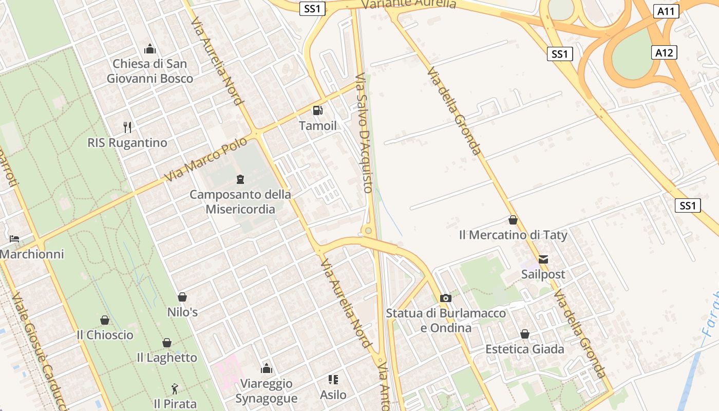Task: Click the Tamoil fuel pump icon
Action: pos(318,110)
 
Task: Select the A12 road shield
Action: pos(666,52)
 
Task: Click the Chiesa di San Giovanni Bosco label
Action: pos(150,71)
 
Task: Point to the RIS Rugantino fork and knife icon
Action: pos(127,127)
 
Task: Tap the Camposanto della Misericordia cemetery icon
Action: pos(240,179)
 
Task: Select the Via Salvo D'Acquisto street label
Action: pos(363,133)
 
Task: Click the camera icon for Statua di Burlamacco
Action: pos(446,298)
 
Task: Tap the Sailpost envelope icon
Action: pos(543,259)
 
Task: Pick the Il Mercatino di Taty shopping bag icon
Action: pos(513,220)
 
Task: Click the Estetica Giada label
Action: pos(525,349)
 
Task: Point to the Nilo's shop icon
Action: pos(182,297)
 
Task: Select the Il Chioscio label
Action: pos(105,335)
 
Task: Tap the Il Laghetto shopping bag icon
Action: pos(167,343)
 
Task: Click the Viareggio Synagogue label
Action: pos(267,391)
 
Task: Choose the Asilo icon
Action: pos(333,380)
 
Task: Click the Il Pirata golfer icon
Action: pos(175,389)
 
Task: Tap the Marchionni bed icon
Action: pos(14,239)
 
